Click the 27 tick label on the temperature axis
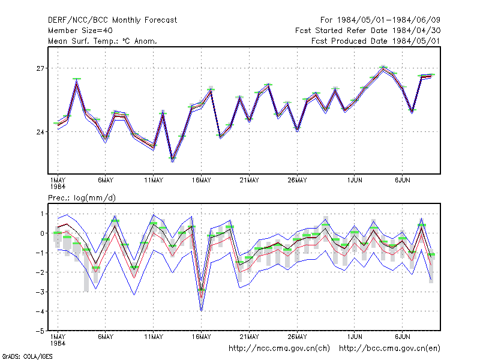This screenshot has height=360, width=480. click(40, 68)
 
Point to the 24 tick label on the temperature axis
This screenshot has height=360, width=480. click(40, 132)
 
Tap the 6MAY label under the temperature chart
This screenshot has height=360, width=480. click(106, 181)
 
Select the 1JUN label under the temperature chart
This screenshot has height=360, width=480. click(355, 181)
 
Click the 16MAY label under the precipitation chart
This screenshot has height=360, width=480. click(202, 337)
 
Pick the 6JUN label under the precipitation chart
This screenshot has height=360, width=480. click(402, 337)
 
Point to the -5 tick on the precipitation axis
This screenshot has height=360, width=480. click(40, 331)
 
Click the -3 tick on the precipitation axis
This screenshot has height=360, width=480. click(40, 292)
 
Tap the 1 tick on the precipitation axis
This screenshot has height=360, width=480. click(42, 214)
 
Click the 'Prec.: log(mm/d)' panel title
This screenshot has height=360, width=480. click(82, 198)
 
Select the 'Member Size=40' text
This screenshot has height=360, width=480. click(80, 31)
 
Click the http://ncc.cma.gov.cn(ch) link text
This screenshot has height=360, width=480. click(279, 349)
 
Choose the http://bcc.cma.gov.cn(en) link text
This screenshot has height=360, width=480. click(389, 349)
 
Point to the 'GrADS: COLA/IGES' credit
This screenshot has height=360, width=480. click(27, 356)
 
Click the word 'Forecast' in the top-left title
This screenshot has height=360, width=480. click(161, 20)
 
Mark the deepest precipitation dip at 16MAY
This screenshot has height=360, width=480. click(201, 311)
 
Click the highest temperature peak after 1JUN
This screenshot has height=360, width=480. click(383, 68)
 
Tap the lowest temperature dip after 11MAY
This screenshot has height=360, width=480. click(173, 160)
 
